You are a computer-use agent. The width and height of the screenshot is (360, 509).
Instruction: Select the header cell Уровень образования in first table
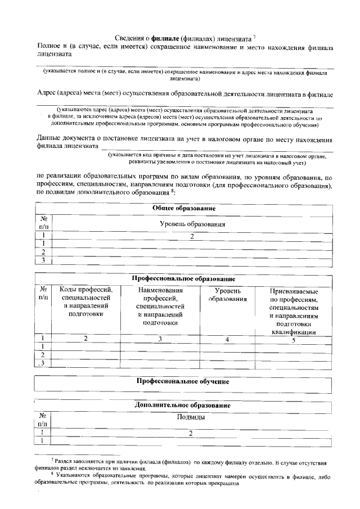pos(192,224)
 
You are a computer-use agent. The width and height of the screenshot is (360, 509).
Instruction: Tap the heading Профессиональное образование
pos(183,279)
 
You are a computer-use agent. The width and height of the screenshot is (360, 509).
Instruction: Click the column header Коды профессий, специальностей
pos(85,301)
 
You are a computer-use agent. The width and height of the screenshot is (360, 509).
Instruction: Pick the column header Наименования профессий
pos(160,306)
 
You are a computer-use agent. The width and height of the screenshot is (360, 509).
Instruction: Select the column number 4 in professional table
pos(228,339)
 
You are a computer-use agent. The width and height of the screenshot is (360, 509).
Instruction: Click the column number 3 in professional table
pos(160,339)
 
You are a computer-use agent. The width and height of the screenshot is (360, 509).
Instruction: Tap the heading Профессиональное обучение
pos(183,381)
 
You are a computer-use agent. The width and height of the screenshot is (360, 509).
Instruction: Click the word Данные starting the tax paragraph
pos(49,138)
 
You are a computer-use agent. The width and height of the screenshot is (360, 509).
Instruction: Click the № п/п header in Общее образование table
pos(43,224)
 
